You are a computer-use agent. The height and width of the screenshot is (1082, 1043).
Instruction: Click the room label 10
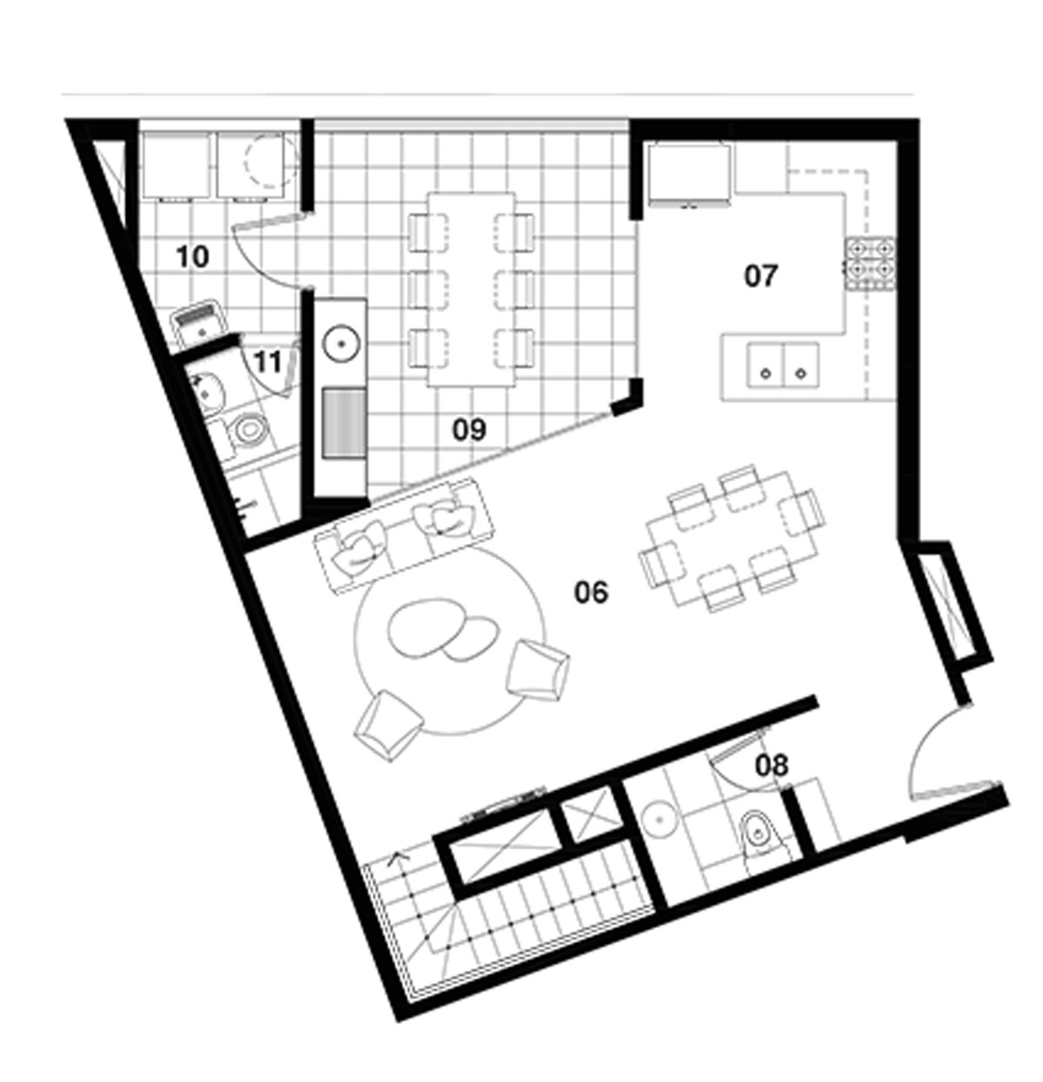pyautogui.click(x=192, y=257)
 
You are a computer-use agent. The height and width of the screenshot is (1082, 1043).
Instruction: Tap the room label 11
pyautogui.click(x=269, y=362)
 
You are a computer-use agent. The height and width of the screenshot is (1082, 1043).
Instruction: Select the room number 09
pyautogui.click(x=468, y=429)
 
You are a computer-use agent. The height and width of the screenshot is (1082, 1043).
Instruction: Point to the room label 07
pyautogui.click(x=761, y=275)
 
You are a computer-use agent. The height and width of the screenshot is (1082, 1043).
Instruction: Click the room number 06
pyautogui.click(x=591, y=593)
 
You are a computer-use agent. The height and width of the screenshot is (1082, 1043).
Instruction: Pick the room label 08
pyautogui.click(x=772, y=766)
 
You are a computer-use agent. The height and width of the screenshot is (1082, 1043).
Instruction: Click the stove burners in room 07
pyautogui.click(x=870, y=263)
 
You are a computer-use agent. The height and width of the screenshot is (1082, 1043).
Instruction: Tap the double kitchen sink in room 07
pyautogui.click(x=783, y=365)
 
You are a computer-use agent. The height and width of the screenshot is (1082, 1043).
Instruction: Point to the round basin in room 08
pyautogui.click(x=659, y=820)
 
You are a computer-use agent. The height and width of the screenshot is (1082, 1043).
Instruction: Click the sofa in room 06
pyautogui.click(x=403, y=534)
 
